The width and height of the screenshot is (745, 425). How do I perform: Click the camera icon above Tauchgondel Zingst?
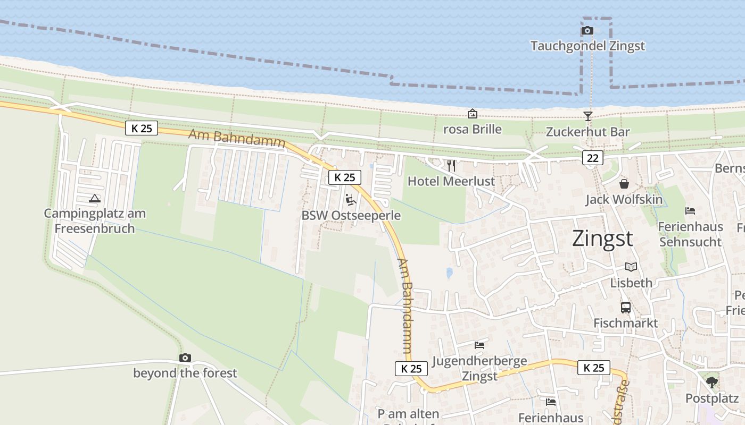tap(587, 30)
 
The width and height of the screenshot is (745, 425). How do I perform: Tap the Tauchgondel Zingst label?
tap(587, 46)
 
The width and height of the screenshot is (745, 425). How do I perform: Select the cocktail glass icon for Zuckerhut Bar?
tap(587, 116)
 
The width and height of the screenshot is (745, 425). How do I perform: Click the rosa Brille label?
tap(473, 129)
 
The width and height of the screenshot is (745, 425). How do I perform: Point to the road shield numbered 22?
tap(592, 157)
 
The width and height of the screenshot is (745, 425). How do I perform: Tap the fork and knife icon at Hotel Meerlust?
tap(451, 165)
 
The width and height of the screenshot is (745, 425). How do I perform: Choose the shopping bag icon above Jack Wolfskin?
tap(624, 184)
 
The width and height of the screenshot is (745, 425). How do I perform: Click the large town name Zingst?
tap(602, 239)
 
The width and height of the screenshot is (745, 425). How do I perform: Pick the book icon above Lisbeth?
tap(631, 267)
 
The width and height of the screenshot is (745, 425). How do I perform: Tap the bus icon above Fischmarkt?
tap(626, 307)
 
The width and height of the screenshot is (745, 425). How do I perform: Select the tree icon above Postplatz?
tap(711, 382)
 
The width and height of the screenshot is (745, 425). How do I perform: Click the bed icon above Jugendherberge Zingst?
tap(479, 345)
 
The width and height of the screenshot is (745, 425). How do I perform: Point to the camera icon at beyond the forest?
tap(185, 358)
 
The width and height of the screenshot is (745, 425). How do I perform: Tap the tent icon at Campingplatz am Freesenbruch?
tap(95, 199)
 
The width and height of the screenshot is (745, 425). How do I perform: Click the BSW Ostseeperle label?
tap(351, 216)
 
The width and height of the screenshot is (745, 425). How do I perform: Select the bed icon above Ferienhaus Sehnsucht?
tap(690, 210)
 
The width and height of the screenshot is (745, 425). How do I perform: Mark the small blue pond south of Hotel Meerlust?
tap(450, 273)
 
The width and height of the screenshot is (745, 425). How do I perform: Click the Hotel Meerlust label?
tap(451, 181)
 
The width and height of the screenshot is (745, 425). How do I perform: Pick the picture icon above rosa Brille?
tap(472, 114)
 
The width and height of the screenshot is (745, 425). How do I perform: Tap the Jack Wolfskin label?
tap(624, 200)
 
